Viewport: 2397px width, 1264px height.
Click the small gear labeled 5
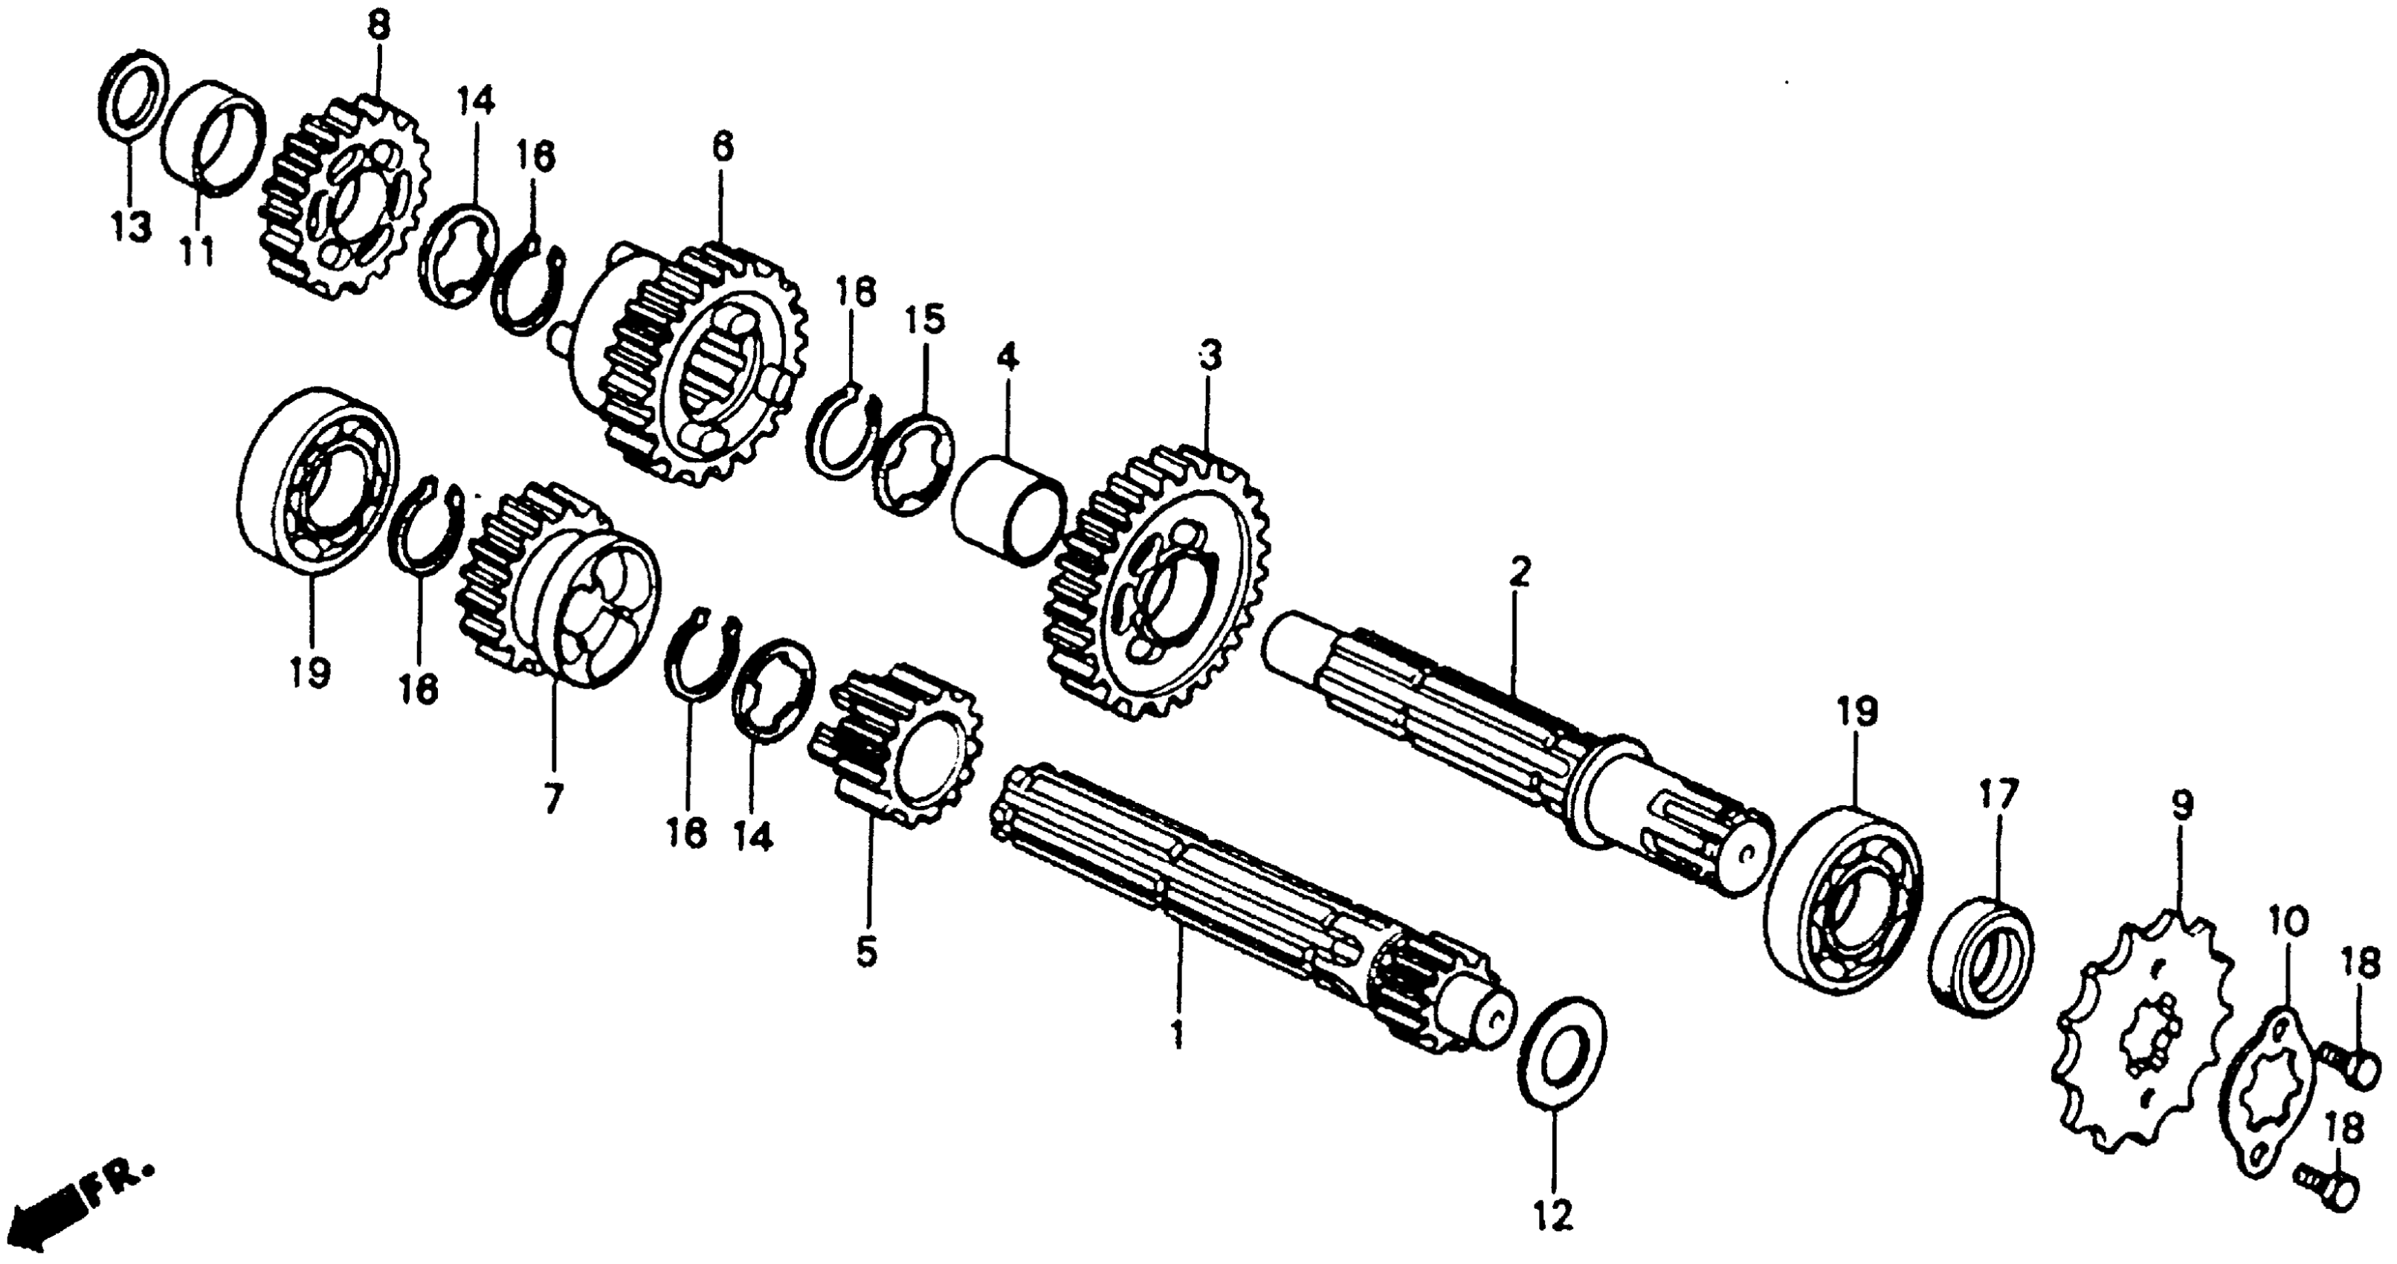[x=898, y=744]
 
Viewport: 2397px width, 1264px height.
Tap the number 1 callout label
[x=1178, y=1034]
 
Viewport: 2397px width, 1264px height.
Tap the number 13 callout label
[x=130, y=225]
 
